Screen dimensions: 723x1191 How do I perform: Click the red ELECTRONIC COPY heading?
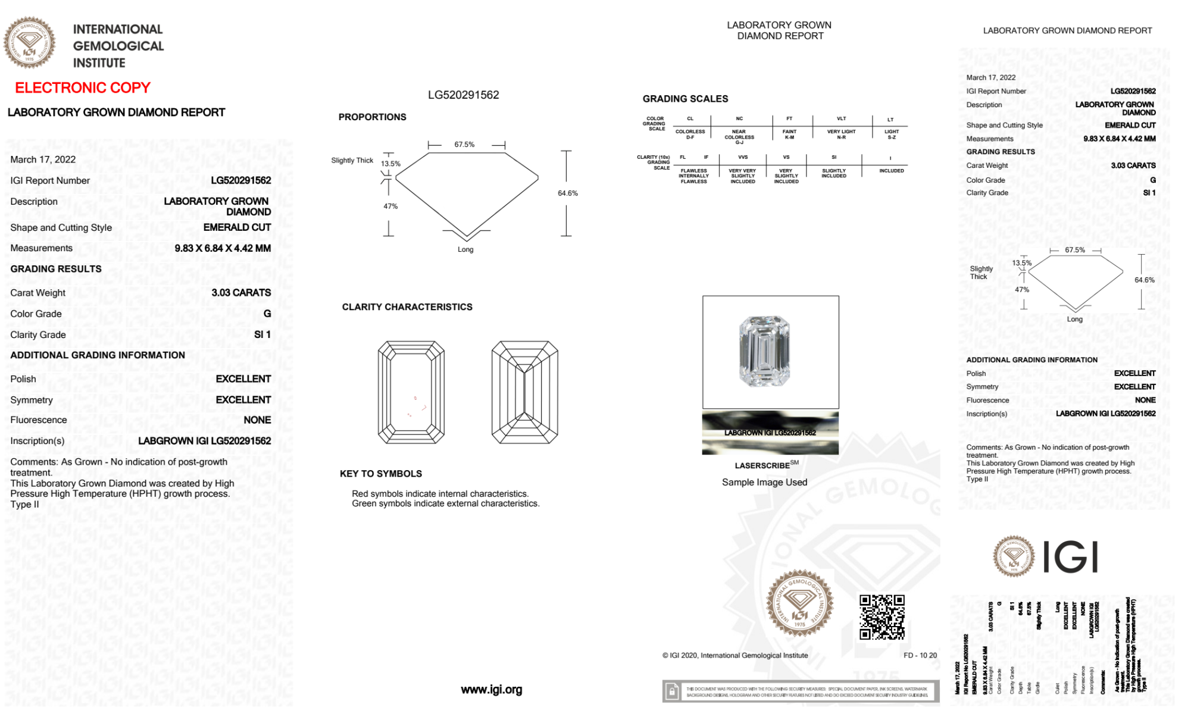pos(83,88)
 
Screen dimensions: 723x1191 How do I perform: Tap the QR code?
pos(881,617)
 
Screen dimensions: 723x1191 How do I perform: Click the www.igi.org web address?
pos(491,690)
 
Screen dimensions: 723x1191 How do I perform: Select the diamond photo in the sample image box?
pos(764,351)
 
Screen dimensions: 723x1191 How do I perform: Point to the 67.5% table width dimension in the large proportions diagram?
pos(464,145)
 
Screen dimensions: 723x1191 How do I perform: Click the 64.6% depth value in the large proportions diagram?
pos(568,193)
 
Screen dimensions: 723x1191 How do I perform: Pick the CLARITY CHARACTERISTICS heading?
pos(407,307)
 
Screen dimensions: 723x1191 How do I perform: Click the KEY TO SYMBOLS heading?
pos(381,474)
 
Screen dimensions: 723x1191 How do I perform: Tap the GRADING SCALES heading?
pos(685,99)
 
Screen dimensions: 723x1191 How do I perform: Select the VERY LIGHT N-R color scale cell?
pos(841,134)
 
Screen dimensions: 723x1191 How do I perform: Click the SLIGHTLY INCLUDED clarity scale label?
pos(833,173)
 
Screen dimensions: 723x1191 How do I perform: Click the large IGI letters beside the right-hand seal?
pos(1071,558)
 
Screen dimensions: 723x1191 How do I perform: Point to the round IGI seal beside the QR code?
pos(799,603)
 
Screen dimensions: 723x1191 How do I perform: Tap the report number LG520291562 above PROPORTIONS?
pos(463,95)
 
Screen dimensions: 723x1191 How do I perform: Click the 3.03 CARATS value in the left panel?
pos(241,293)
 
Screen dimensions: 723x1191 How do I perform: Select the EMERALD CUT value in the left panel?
pos(237,227)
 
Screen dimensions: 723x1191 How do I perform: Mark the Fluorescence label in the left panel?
pos(39,420)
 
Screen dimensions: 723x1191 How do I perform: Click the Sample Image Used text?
pos(764,482)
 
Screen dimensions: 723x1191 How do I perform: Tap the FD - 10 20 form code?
pos(920,655)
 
